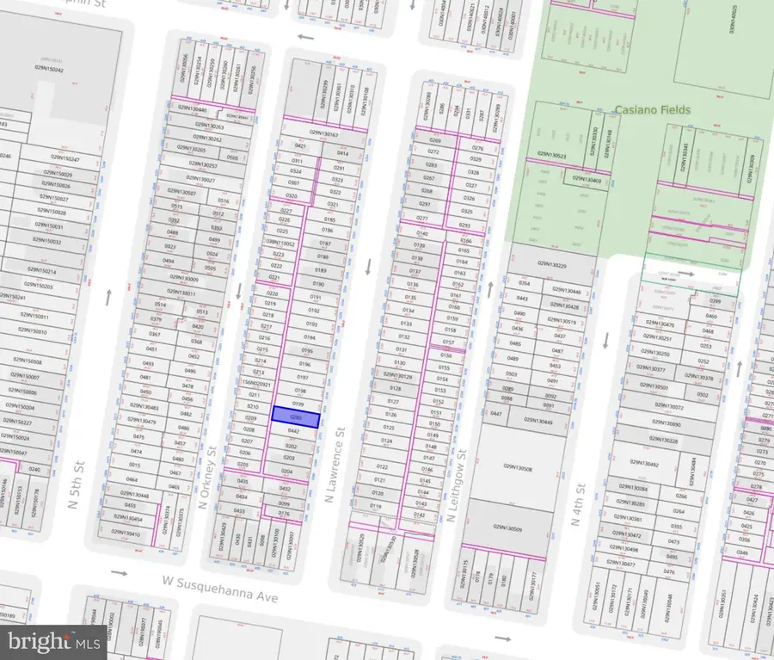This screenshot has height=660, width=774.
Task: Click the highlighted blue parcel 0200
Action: [295, 417]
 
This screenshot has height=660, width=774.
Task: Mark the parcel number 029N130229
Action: [551, 265]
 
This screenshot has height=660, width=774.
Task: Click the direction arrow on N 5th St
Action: [109, 298]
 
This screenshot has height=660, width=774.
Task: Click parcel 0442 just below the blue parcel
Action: [292, 430]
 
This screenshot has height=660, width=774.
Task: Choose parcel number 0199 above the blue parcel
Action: [298, 404]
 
